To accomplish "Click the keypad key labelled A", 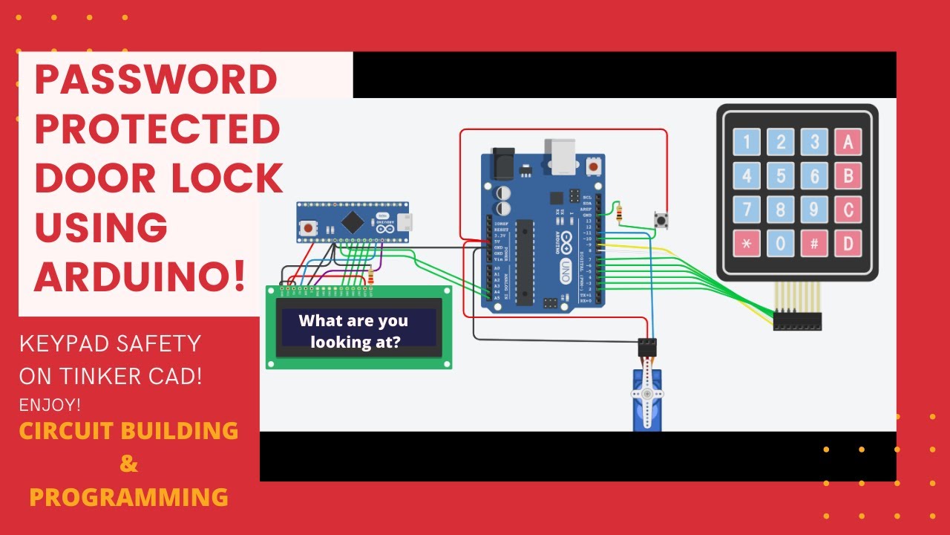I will point(848,141).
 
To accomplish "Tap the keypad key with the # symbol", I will point(814,244).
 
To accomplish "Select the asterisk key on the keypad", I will point(747,244).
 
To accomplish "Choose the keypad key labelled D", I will point(848,244).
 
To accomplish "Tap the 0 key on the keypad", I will point(781,244).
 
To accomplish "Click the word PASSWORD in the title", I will point(155,80).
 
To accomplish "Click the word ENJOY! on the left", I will point(50,406).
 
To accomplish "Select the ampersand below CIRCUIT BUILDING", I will point(128,464).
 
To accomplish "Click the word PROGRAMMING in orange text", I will point(128,496).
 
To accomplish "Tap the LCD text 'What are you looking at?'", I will point(353,331).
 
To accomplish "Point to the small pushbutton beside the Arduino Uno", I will point(659,220).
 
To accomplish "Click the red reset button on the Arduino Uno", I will point(593,166).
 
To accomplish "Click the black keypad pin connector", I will point(797,322).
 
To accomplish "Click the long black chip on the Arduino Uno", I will point(525,262).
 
